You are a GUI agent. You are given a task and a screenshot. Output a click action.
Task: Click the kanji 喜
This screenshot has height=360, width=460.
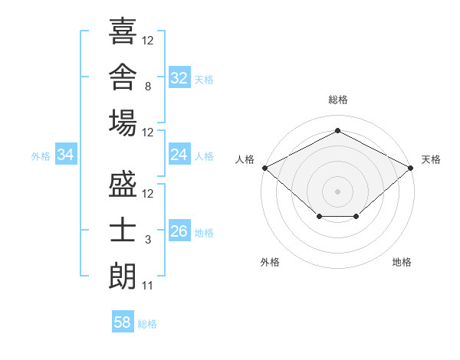click(123, 31)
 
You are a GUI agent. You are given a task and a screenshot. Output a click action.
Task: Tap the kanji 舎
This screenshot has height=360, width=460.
click(123, 77)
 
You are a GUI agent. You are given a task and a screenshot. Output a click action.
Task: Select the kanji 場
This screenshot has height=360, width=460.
click(123, 123)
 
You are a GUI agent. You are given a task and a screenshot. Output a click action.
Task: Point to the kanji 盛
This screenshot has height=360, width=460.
click(123, 184)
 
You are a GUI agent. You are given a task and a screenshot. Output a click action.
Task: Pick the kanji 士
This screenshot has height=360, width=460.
click(123, 230)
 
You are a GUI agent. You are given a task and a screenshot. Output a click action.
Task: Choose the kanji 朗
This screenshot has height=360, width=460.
click(123, 277)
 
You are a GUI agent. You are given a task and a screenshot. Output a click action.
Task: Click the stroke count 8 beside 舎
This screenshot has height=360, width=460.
click(148, 87)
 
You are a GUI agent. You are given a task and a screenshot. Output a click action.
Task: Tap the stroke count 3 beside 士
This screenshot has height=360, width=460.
click(148, 240)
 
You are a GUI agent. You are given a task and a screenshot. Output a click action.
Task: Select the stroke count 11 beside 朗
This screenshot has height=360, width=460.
click(147, 286)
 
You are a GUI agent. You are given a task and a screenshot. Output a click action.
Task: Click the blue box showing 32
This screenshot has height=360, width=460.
click(179, 77)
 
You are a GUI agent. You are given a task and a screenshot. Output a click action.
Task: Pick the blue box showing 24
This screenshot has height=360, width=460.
click(179, 154)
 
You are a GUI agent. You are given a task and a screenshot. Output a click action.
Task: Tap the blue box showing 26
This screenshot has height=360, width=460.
click(179, 230)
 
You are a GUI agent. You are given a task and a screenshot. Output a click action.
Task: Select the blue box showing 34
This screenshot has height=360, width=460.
click(66, 154)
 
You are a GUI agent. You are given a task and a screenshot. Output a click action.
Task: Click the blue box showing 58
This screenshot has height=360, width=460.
click(123, 321)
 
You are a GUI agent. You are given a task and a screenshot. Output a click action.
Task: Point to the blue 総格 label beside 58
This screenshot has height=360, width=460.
click(147, 324)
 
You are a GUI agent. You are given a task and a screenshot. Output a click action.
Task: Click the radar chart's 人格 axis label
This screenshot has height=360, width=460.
click(245, 159)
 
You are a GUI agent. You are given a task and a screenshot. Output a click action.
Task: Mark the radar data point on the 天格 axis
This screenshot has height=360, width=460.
click(411, 168)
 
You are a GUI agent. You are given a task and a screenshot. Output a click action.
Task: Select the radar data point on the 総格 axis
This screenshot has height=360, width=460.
click(337, 130)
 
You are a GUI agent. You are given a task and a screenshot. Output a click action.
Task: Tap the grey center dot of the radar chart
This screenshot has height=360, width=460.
click(337, 191)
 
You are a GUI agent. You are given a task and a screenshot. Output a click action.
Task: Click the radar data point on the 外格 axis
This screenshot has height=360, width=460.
click(320, 216)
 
